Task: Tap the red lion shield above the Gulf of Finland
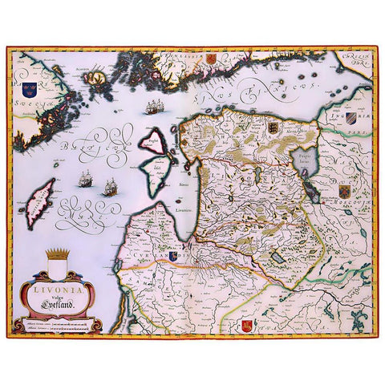[211, 58]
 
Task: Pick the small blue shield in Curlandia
[175, 258]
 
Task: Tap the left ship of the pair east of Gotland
[87, 181]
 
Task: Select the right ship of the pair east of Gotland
[110, 187]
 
